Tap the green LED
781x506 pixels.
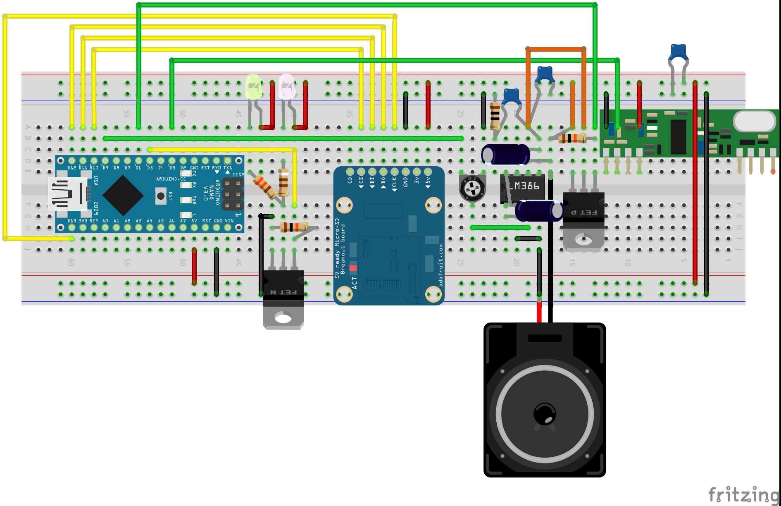[253, 86]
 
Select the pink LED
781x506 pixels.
[286, 86]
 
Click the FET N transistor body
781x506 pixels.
[283, 289]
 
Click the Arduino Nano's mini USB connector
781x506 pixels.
[66, 194]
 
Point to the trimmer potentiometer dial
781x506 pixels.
[472, 189]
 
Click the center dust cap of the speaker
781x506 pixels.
[545, 413]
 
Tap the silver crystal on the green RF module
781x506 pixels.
[755, 121]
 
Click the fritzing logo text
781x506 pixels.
[743, 494]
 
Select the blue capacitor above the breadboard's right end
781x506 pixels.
[678, 53]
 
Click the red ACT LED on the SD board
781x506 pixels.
[353, 268]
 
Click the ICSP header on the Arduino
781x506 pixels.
[233, 193]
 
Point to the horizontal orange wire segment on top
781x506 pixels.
[555, 49]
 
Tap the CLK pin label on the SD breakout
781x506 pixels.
[394, 182]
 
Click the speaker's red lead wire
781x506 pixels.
[539, 312]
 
